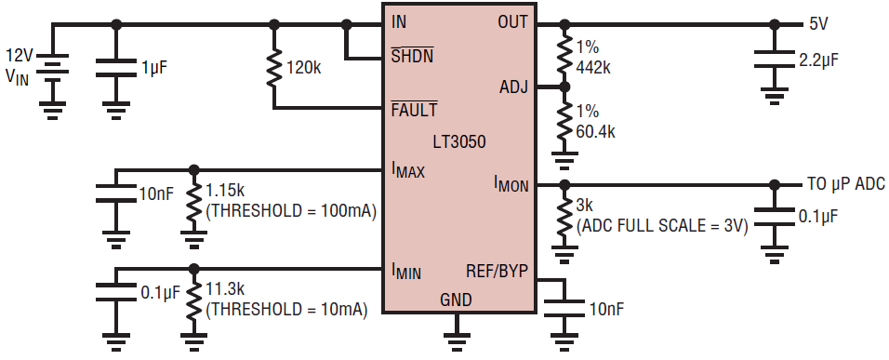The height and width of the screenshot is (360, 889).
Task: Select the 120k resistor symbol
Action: pos(273,66)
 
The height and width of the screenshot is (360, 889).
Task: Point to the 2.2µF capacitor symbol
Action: pos(774,59)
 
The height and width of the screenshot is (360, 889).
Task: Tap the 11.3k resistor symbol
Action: pos(194,299)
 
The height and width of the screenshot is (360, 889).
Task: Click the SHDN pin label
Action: pos(412,57)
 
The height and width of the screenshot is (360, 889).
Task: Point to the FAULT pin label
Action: pos(415,110)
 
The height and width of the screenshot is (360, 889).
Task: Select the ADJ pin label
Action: pos(513,87)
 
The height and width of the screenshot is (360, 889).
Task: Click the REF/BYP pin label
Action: pos(498,273)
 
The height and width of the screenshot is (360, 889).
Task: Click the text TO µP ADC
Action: pos(844,185)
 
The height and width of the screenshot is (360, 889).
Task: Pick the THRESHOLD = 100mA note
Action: pos(291,211)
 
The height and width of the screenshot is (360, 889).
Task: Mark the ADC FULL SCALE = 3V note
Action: pos(662,226)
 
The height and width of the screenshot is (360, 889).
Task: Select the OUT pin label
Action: pos(513,22)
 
